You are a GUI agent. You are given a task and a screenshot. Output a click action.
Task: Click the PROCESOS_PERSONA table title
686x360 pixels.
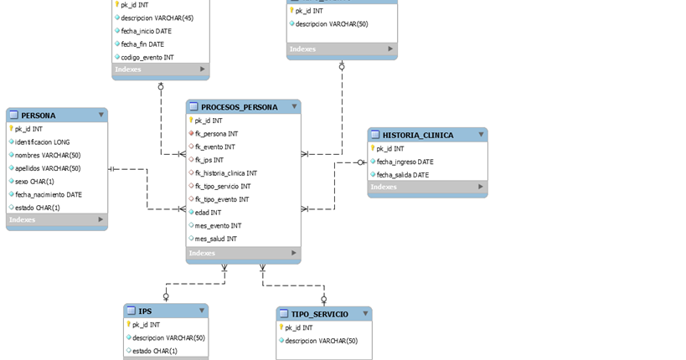(x=239, y=107)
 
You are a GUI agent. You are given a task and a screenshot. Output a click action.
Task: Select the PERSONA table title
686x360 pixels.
(x=39, y=116)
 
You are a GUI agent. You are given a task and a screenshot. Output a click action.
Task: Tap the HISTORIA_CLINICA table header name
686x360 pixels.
(x=418, y=135)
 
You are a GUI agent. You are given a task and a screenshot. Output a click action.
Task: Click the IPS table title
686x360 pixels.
(x=145, y=311)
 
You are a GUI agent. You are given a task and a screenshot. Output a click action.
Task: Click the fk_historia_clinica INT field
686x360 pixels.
(x=225, y=173)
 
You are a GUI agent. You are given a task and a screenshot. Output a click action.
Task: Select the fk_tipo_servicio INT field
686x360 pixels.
(x=222, y=186)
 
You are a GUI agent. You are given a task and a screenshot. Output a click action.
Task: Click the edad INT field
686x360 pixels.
(x=208, y=213)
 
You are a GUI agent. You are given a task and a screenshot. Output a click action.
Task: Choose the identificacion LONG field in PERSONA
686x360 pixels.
(x=42, y=142)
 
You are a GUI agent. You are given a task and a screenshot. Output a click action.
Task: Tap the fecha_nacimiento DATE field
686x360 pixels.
(x=48, y=194)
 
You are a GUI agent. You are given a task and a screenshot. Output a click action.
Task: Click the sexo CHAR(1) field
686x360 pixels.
(x=34, y=181)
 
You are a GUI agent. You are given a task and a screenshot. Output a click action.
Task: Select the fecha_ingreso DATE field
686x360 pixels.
(x=405, y=162)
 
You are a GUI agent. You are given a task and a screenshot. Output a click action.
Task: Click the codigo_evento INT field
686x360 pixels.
(x=147, y=57)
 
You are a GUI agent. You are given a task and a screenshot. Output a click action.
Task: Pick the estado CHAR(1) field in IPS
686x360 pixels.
(x=155, y=351)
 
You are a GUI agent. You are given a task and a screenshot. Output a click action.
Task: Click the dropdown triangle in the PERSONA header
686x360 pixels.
(x=101, y=116)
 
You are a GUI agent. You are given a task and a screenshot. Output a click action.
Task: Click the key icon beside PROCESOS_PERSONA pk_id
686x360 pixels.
(x=191, y=121)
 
